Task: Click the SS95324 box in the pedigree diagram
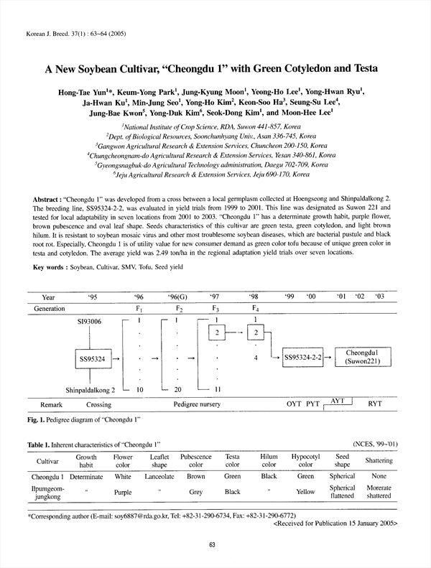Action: pyautogui.click(x=91, y=357)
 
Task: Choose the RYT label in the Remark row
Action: pyautogui.click(x=375, y=404)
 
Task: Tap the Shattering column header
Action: pyautogui.click(x=379, y=460)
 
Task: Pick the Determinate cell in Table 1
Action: pyautogui.click(x=85, y=476)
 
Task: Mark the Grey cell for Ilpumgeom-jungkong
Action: pyautogui.click(x=196, y=493)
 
